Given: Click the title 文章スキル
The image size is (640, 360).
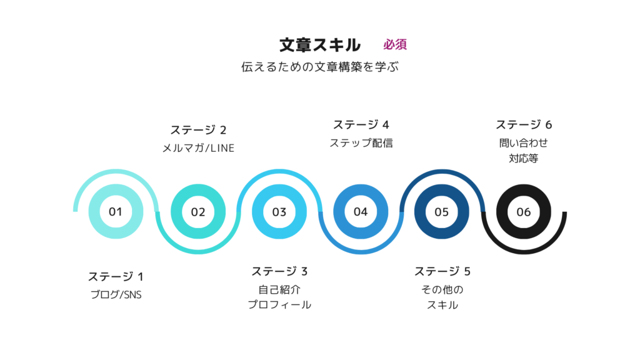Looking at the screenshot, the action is tap(320, 45).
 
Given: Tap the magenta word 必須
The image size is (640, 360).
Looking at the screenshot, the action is tap(395, 44).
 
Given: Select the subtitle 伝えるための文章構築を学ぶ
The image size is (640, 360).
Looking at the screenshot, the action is tap(320, 67).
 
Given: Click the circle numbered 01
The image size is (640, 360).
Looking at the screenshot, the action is tap(116, 211).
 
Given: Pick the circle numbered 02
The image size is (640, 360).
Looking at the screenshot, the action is tap(198, 211).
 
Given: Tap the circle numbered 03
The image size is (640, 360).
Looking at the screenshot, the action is tap(279, 211).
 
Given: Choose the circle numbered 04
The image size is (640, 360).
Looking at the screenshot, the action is tap(361, 211).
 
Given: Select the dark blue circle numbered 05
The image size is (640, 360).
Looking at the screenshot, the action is tap(442, 211).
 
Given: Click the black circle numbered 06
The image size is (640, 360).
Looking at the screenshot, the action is tap(524, 211).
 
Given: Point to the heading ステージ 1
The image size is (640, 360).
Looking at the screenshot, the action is tap(116, 277).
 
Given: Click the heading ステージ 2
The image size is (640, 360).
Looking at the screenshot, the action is tap(198, 130).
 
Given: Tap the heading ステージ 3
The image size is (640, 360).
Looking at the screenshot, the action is tap(279, 271).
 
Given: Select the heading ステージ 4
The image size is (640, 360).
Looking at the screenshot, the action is tap(361, 124).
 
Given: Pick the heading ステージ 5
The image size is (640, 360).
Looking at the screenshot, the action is tap(442, 271).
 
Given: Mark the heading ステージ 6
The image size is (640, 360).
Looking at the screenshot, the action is tap(524, 124).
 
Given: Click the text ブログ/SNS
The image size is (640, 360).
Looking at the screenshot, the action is tap(116, 295).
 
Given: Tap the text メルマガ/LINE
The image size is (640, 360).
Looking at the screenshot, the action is tap(198, 148).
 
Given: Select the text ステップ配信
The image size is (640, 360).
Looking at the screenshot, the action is tap(361, 143).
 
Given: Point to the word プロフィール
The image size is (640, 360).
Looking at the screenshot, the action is tap(279, 305).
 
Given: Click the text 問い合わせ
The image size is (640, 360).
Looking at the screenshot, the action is tap(524, 143).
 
